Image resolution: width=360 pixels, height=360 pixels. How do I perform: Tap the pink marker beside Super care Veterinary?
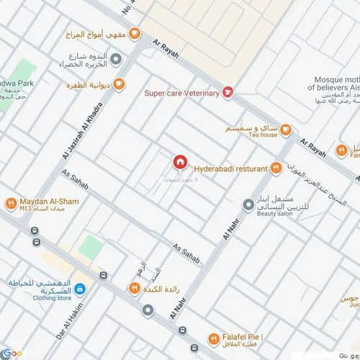coord(228,92)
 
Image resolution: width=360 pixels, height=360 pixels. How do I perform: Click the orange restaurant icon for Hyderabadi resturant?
coord(275,168)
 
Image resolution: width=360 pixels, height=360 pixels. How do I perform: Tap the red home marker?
coord(180,161)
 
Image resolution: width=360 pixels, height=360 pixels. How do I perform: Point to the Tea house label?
coord(263,135)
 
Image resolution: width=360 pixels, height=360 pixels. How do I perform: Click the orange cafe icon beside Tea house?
coord(286,130)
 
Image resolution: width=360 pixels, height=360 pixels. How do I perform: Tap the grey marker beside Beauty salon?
coord(248,205)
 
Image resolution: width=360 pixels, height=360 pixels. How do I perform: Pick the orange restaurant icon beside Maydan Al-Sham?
coord(11,204)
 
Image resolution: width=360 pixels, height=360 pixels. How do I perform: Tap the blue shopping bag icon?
coord(80,290)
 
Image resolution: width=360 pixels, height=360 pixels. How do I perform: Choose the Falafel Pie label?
coord(246,337)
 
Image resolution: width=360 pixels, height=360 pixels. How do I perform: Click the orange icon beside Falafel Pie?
coord(214,338)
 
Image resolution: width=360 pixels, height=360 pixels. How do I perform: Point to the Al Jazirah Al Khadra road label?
coord(81,132)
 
